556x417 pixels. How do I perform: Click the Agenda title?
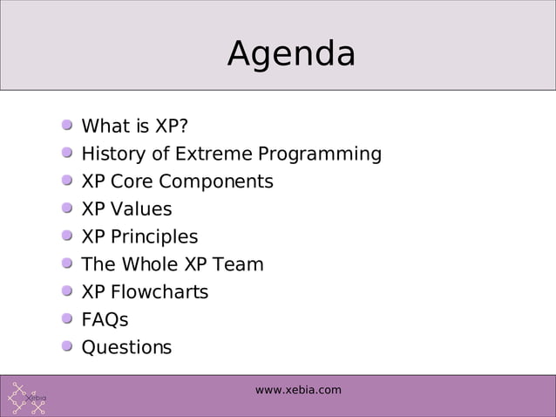point(291,54)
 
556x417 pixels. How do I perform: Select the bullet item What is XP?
point(134,126)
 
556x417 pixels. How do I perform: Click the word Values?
point(139,209)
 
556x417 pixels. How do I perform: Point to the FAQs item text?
point(105,320)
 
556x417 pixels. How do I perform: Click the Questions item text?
point(126,347)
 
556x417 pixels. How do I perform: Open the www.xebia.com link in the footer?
point(298,390)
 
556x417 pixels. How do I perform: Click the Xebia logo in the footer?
point(29,398)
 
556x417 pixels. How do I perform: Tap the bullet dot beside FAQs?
point(67,319)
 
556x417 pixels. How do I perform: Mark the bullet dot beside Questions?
point(67,346)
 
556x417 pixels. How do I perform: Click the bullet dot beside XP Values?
point(67,208)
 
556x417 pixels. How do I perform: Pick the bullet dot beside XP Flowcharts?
point(67,291)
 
